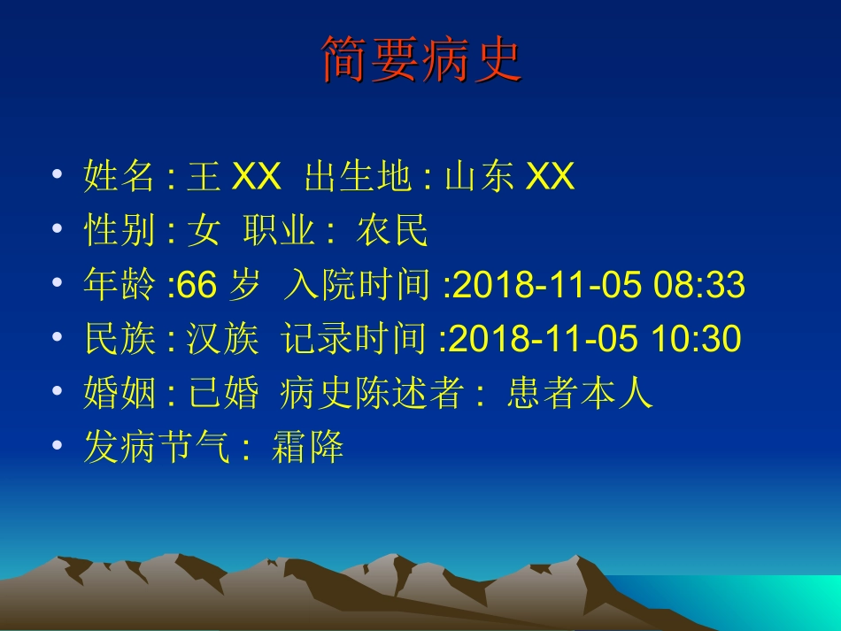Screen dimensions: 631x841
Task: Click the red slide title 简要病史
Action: (x=420, y=60)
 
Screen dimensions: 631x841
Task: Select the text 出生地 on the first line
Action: (x=358, y=177)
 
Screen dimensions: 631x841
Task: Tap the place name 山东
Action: (x=479, y=177)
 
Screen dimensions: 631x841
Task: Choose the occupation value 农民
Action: (x=392, y=231)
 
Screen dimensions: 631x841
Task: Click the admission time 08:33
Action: (x=699, y=286)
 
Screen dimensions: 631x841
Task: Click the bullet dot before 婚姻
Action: (x=58, y=391)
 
